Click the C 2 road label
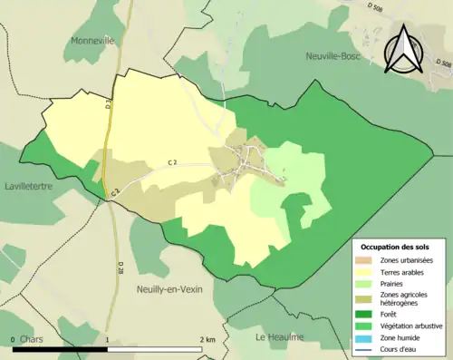173,161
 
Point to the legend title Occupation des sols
401,247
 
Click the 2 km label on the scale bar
207,339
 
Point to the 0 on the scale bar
14,339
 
